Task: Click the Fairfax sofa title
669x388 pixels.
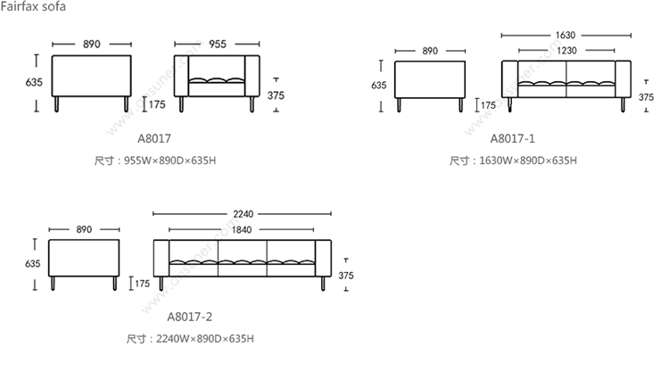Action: [x=33, y=6]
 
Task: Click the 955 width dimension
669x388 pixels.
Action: [x=217, y=44]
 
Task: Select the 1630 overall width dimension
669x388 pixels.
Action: [x=566, y=35]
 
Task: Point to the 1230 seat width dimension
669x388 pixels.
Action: [x=566, y=50]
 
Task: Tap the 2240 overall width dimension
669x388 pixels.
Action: [x=243, y=214]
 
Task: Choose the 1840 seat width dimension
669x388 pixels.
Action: [x=242, y=229]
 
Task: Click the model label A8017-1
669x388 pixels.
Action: [x=512, y=138]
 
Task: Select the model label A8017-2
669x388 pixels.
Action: [x=189, y=317]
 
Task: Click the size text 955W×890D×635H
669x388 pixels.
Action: [x=169, y=161]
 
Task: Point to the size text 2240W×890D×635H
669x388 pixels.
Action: [x=205, y=339]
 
